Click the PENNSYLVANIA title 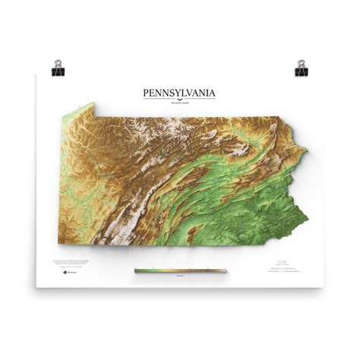(x=179, y=93)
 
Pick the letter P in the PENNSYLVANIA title (x=146, y=93)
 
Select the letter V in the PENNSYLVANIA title (x=191, y=93)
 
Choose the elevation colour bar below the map (x=180, y=270)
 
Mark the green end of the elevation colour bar (x=137, y=270)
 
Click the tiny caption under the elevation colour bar (x=180, y=276)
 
